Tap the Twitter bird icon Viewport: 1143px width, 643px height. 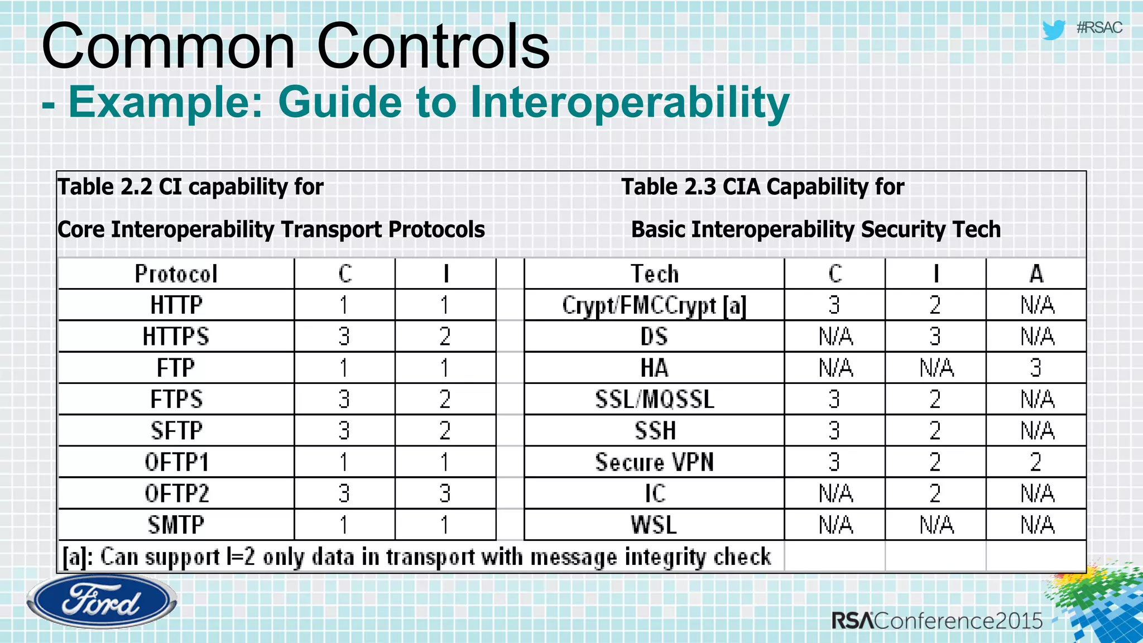pyautogui.click(x=1054, y=30)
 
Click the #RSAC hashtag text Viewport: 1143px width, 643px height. pyautogui.click(x=1099, y=28)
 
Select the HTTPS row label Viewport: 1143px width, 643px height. pyautogui.click(x=176, y=337)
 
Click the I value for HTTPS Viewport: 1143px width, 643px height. pyautogui.click(x=445, y=337)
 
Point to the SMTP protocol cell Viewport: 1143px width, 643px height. pyautogui.click(x=176, y=525)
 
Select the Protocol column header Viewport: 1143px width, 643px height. pyautogui.click(x=176, y=274)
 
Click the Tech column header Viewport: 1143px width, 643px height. pyautogui.click(x=654, y=274)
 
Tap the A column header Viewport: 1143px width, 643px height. pyautogui.click(x=1036, y=274)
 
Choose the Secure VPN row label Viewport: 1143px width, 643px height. pyautogui.click(x=654, y=462)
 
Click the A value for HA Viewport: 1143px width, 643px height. pyautogui.click(x=1036, y=368)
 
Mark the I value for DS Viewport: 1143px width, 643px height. pyautogui.click(x=935, y=337)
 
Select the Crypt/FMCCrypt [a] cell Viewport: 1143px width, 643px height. pyautogui.click(x=654, y=305)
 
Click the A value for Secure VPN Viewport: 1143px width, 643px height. pyautogui.click(x=1036, y=462)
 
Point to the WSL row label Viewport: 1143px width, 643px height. pyautogui.click(x=654, y=525)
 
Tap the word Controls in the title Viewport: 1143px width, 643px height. pyautogui.click(x=433, y=47)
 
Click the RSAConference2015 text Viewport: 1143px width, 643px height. pyautogui.click(x=937, y=620)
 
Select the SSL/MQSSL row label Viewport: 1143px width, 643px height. pyautogui.click(x=654, y=400)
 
